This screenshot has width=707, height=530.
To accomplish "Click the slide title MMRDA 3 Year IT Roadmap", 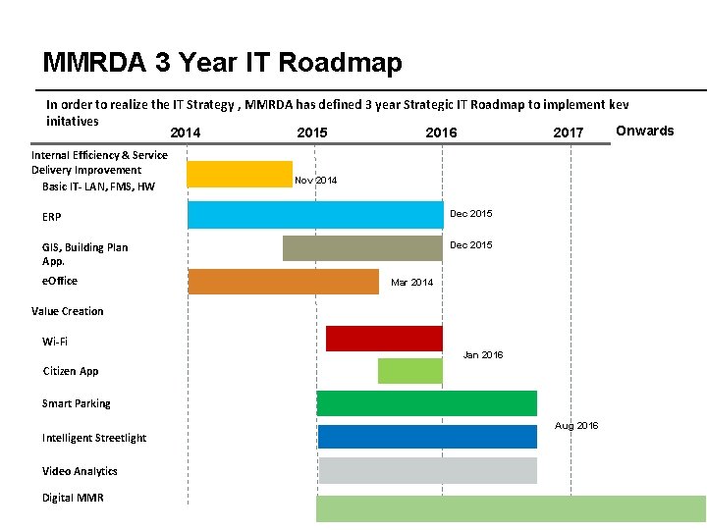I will click(222, 64).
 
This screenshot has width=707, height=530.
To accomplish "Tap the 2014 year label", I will click(186, 132).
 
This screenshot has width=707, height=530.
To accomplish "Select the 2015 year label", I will click(312, 132).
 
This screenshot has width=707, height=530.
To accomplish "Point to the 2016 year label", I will click(441, 132).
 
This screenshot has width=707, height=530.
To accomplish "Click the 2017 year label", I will click(568, 132).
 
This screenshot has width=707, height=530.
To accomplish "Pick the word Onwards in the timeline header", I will click(644, 131).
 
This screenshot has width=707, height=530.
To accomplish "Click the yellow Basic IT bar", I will click(240, 174).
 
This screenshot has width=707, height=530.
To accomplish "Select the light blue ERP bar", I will click(314, 214).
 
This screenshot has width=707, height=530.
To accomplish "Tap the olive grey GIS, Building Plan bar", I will click(362, 248).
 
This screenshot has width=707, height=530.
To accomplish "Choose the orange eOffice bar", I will click(283, 282).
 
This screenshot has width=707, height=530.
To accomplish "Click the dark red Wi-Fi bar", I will click(384, 338).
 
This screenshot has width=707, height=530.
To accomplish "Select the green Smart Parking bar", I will click(426, 403).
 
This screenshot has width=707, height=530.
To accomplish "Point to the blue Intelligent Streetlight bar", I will click(426, 437).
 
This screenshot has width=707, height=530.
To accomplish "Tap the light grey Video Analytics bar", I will click(426, 470).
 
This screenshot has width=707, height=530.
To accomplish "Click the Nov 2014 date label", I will click(315, 181).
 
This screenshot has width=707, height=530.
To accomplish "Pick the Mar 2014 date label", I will click(411, 283).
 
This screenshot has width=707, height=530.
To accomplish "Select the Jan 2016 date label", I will click(482, 355).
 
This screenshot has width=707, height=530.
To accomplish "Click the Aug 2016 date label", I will click(576, 426).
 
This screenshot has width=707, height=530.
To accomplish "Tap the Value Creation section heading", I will click(67, 311).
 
